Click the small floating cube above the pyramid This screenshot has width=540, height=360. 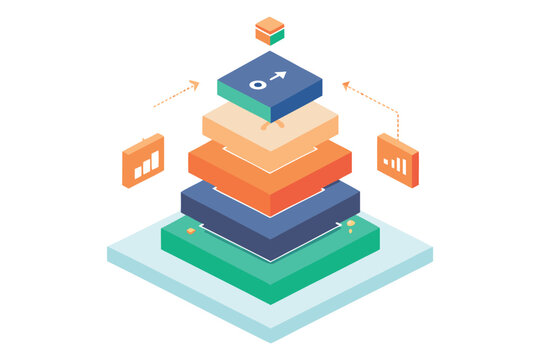click(x=269, y=31)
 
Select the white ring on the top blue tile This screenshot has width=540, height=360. click(x=258, y=85)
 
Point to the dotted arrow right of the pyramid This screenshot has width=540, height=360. click(x=372, y=99)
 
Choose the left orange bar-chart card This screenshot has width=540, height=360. click(x=143, y=160)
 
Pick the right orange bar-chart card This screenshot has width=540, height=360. click(x=397, y=160)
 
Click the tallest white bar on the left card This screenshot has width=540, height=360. click(x=155, y=159)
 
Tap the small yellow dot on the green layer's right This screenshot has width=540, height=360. click(x=350, y=223)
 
